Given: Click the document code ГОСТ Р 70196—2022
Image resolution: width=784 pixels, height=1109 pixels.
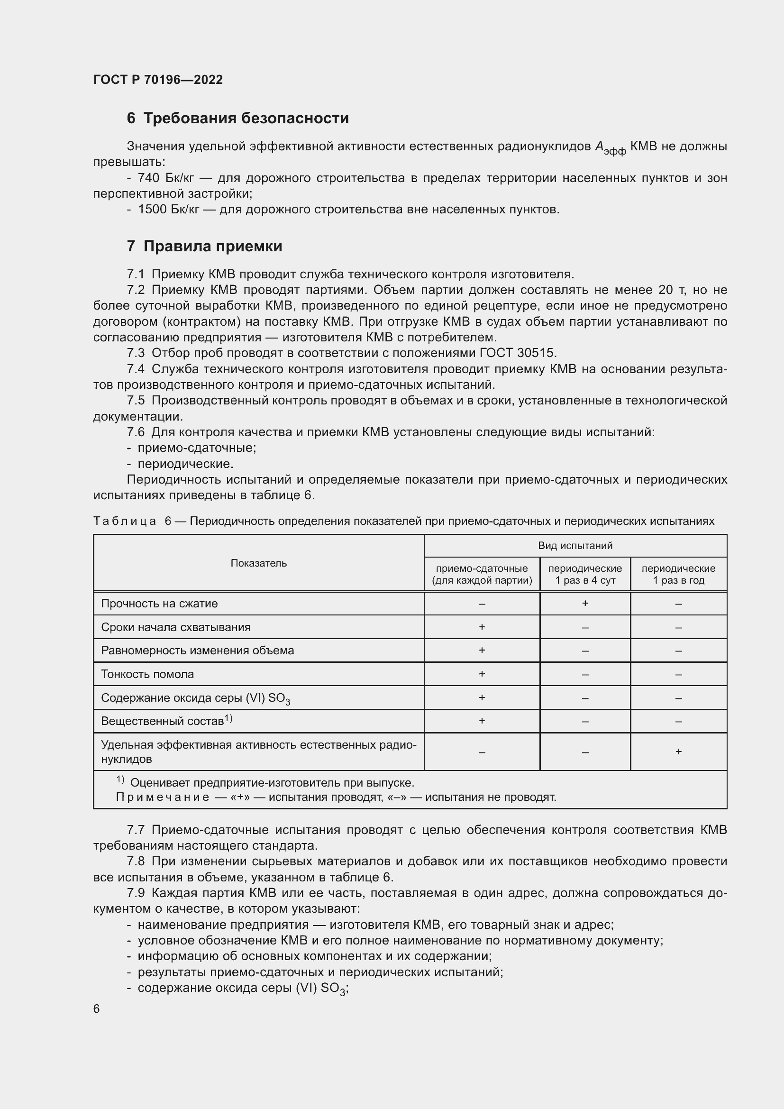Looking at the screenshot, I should click(x=158, y=80).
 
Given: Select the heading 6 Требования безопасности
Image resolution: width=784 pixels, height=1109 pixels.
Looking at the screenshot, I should click(x=237, y=119).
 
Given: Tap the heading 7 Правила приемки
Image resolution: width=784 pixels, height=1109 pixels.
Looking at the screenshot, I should click(x=204, y=247).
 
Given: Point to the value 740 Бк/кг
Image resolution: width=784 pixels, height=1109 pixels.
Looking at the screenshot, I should click(x=165, y=178).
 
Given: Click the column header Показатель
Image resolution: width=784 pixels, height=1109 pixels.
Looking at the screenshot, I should click(x=258, y=563).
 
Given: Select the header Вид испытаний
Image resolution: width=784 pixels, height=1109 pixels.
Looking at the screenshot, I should click(x=575, y=546).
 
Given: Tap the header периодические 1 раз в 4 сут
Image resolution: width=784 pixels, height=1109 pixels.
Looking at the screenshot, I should click(x=584, y=574).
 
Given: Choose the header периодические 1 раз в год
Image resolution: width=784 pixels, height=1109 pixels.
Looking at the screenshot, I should click(x=678, y=574).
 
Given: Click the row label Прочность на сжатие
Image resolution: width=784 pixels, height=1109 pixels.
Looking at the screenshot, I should click(x=159, y=604).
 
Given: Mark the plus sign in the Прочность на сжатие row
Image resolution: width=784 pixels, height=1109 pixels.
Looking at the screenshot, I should click(x=584, y=603).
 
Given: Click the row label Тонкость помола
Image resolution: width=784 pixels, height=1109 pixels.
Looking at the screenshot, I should click(x=147, y=674).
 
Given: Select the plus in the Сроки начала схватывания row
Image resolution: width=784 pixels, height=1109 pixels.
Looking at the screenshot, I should click(x=481, y=627).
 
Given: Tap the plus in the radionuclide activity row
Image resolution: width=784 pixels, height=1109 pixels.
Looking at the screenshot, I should click(x=678, y=752).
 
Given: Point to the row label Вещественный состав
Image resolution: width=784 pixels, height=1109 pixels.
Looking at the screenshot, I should click(x=163, y=721).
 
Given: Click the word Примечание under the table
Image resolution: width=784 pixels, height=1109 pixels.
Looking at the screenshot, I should click(x=162, y=797).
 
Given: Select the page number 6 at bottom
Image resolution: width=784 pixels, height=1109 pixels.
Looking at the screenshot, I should click(x=97, y=1008).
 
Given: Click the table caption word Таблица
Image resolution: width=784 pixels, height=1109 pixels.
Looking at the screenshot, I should click(x=125, y=521).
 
